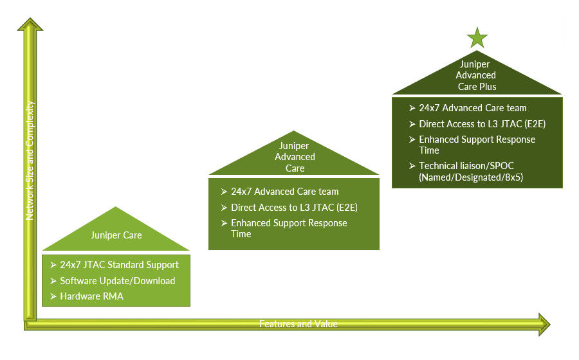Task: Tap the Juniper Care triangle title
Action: (x=116, y=235)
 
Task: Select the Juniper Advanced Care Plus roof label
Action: (x=477, y=75)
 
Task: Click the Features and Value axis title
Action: (x=298, y=323)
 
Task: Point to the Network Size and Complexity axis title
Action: (x=30, y=161)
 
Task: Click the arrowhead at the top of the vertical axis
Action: (x=30, y=26)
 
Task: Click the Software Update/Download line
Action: (x=117, y=280)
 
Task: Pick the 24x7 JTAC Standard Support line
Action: (x=119, y=264)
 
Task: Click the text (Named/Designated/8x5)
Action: (x=471, y=177)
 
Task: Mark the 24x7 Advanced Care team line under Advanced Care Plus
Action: (x=472, y=108)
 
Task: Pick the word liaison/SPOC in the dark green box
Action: (x=481, y=166)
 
